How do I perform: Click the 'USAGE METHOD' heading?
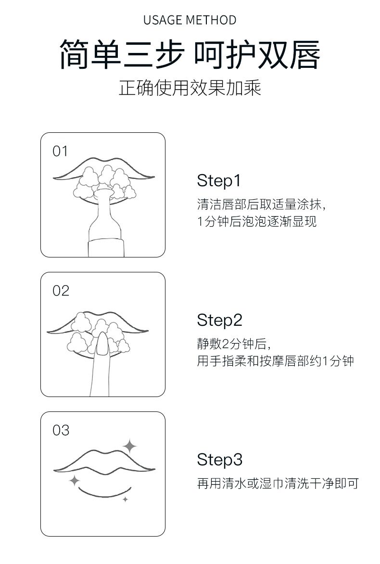[190, 20]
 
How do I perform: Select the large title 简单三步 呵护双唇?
[190, 54]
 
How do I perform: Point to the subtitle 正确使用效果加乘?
[190, 88]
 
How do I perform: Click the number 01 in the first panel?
[60, 152]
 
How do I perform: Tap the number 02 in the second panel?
[61, 291]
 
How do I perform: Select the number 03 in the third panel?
[61, 430]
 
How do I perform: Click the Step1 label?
[218, 181]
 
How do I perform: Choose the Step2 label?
[219, 320]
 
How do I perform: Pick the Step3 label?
[219, 460]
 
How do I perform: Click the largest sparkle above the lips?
[130, 446]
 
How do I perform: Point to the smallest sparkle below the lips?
[125, 499]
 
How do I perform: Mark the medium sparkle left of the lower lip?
[75, 480]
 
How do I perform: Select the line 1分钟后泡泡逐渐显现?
[257, 221]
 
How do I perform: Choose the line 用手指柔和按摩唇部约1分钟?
[276, 361]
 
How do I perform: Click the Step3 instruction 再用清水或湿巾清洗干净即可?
[278, 484]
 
